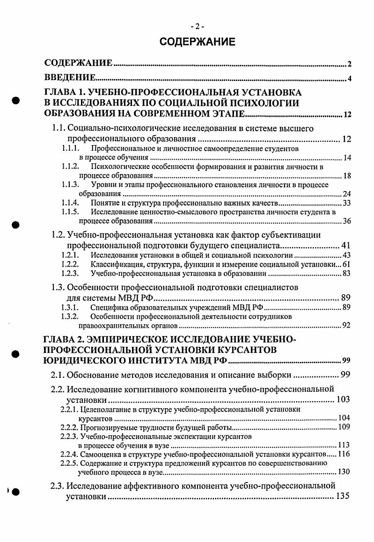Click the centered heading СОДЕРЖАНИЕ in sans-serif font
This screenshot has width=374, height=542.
(197, 42)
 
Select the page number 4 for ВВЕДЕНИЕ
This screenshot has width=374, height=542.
(350, 78)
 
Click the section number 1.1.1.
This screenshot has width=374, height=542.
(70, 148)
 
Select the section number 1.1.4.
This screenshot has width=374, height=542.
(70, 203)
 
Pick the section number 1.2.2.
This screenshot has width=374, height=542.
(70, 264)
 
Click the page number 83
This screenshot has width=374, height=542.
(347, 273)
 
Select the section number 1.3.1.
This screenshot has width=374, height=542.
(70, 308)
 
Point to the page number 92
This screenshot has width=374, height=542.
(346, 326)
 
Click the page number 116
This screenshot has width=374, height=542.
(344, 454)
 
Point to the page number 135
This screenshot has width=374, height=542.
(343, 496)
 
